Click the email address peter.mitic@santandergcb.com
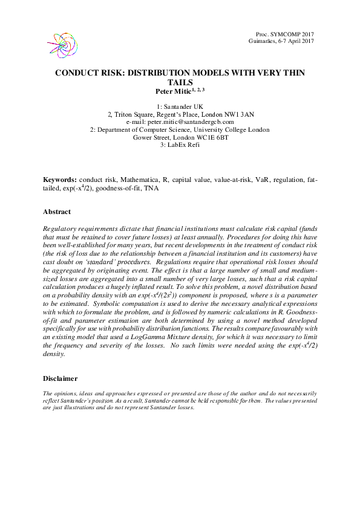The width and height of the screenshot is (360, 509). coord(180,122)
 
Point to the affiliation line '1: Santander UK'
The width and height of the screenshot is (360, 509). coord(180,106)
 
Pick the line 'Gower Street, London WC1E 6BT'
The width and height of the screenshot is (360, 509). coord(180,137)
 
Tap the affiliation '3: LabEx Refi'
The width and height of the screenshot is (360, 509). coord(180,145)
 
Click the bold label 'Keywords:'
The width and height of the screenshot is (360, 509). coord(59,180)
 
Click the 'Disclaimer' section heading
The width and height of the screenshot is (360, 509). coord(60,378)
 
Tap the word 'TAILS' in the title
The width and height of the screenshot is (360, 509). coord(180,82)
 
